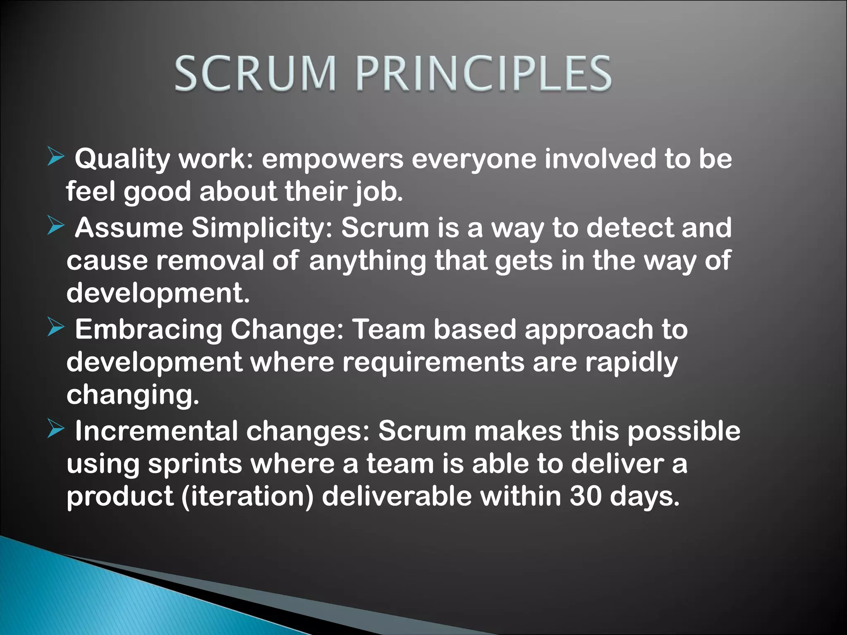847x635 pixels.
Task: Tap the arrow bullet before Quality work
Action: pyautogui.click(x=56, y=157)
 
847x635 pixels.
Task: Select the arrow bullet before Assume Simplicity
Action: pyautogui.click(x=56, y=226)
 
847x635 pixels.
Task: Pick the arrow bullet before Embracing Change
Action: pyautogui.click(x=56, y=327)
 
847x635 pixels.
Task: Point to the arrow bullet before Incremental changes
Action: pyautogui.click(x=56, y=429)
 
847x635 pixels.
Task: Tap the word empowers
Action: pyautogui.click(x=333, y=159)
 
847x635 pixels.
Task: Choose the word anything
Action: pyautogui.click(x=367, y=261)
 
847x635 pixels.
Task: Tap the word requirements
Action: pyautogui.click(x=433, y=363)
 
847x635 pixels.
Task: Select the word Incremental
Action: pyautogui.click(x=156, y=431)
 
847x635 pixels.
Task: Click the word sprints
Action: pyautogui.click(x=195, y=464)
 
